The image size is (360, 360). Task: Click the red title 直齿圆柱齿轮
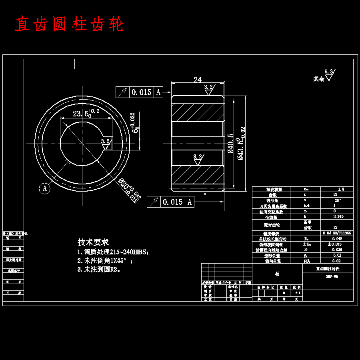(70, 24)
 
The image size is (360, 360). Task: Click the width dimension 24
(197, 80)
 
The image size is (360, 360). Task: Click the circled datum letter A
(45, 188)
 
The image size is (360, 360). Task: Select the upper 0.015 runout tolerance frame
(139, 92)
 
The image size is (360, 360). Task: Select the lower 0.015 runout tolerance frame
(170, 202)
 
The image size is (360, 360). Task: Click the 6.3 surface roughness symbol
(329, 75)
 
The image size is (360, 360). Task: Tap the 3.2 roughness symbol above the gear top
(208, 89)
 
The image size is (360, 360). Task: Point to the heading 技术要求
(93, 242)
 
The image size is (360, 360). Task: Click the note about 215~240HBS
(113, 252)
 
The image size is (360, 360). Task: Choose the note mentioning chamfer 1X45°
(105, 261)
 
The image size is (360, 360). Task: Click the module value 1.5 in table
(341, 189)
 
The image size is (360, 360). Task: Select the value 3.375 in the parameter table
(338, 216)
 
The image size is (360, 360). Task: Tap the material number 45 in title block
(277, 274)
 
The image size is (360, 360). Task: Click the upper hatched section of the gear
(197, 112)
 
